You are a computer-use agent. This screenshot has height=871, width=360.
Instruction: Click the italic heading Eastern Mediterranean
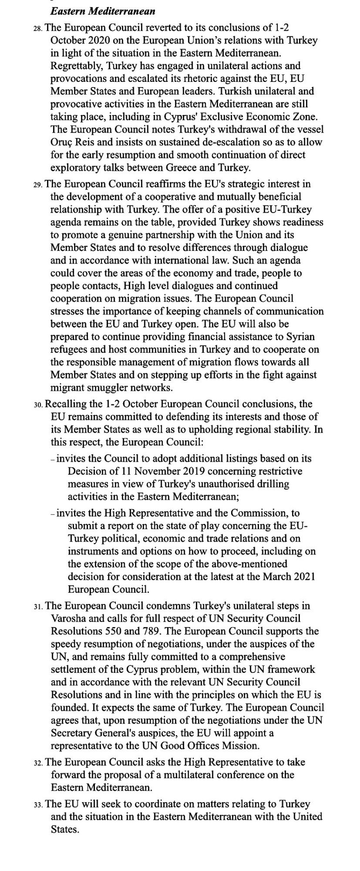pos(103,11)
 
